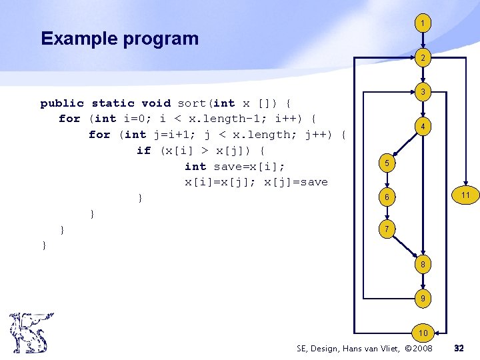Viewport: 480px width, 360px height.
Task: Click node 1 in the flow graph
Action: click(422, 23)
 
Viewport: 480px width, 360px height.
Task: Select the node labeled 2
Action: click(422, 59)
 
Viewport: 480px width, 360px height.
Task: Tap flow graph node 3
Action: click(422, 91)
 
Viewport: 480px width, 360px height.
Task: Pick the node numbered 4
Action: click(422, 127)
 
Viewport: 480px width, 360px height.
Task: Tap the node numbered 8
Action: click(422, 264)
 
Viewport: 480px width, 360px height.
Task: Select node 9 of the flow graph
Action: click(422, 299)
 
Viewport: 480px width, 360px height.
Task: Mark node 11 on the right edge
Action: click(465, 195)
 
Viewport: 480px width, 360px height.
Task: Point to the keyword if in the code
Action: click(143, 151)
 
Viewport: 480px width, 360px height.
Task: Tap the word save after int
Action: click(228, 167)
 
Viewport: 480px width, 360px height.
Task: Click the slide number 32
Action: click(459, 348)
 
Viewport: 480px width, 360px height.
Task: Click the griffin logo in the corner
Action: click(29, 333)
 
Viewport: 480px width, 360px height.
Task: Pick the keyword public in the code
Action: click(62, 103)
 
